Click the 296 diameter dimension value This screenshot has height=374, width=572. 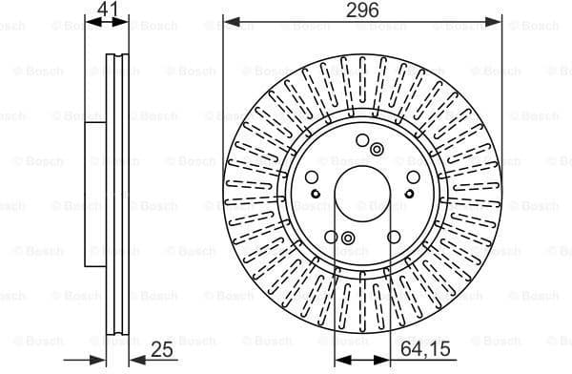point(362,10)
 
